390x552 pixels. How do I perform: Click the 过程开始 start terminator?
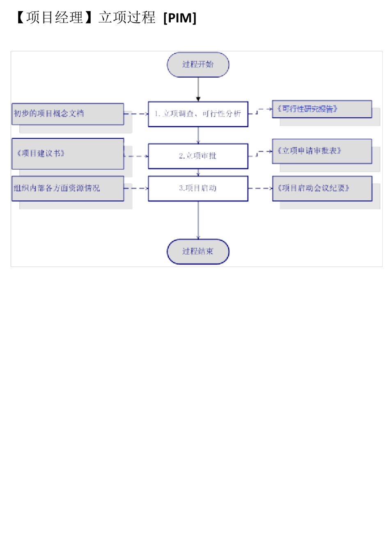[198, 64]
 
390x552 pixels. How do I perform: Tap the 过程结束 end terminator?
[198, 251]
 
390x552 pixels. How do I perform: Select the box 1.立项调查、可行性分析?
[198, 114]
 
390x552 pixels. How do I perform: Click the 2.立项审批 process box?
[198, 156]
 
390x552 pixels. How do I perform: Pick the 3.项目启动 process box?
[198, 189]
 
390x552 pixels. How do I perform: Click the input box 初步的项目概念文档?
[68, 114]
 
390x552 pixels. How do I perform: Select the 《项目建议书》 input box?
[68, 154]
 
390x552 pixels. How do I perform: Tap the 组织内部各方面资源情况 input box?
[68, 189]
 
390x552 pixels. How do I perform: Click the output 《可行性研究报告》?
[322, 109]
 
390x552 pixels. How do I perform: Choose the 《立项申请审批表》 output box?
[322, 151]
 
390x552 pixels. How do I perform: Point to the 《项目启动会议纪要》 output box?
[322, 189]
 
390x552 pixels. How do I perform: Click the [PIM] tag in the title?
[180, 18]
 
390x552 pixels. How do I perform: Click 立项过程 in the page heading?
[127, 18]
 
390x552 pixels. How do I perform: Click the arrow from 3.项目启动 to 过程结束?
[198, 220]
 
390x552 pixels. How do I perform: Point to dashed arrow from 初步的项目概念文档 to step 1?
[136, 114]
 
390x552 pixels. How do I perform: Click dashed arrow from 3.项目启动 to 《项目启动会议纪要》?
[260, 189]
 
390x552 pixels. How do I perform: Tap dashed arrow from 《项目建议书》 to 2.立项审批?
[136, 156]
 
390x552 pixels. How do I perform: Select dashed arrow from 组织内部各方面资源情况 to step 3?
[136, 189]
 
